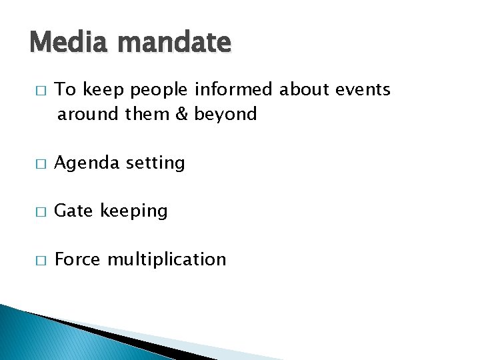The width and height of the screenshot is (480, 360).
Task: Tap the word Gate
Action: click(75, 211)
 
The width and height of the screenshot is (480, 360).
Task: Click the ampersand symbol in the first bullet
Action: click(181, 114)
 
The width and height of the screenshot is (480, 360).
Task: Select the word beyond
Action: click(225, 115)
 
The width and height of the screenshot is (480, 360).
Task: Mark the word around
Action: click(89, 114)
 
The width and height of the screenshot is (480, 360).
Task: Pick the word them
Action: click(147, 114)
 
